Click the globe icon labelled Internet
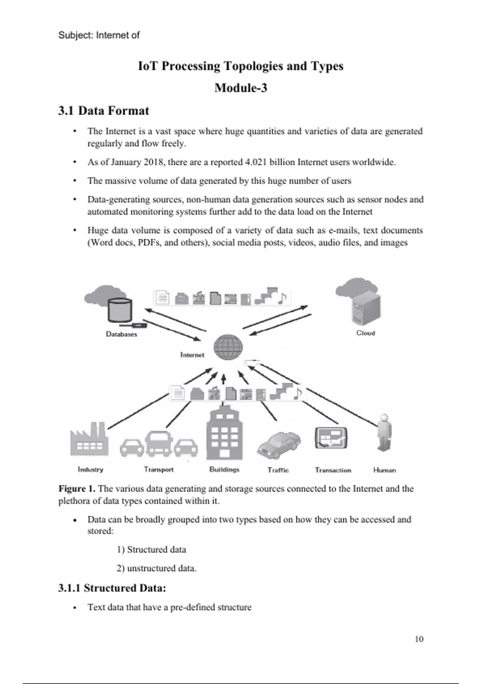click(x=228, y=347)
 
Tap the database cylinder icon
click(x=120, y=309)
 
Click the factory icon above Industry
click(x=89, y=439)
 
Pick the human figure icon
click(x=384, y=433)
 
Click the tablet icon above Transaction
click(x=331, y=438)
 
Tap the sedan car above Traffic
click(x=279, y=445)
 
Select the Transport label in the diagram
click(x=159, y=470)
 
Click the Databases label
click(x=121, y=334)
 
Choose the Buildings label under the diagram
click(x=224, y=470)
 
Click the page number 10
click(x=419, y=639)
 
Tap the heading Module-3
click(x=241, y=88)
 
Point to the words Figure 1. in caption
click(x=77, y=489)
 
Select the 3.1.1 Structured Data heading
click(x=112, y=588)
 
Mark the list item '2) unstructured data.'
click(x=156, y=569)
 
